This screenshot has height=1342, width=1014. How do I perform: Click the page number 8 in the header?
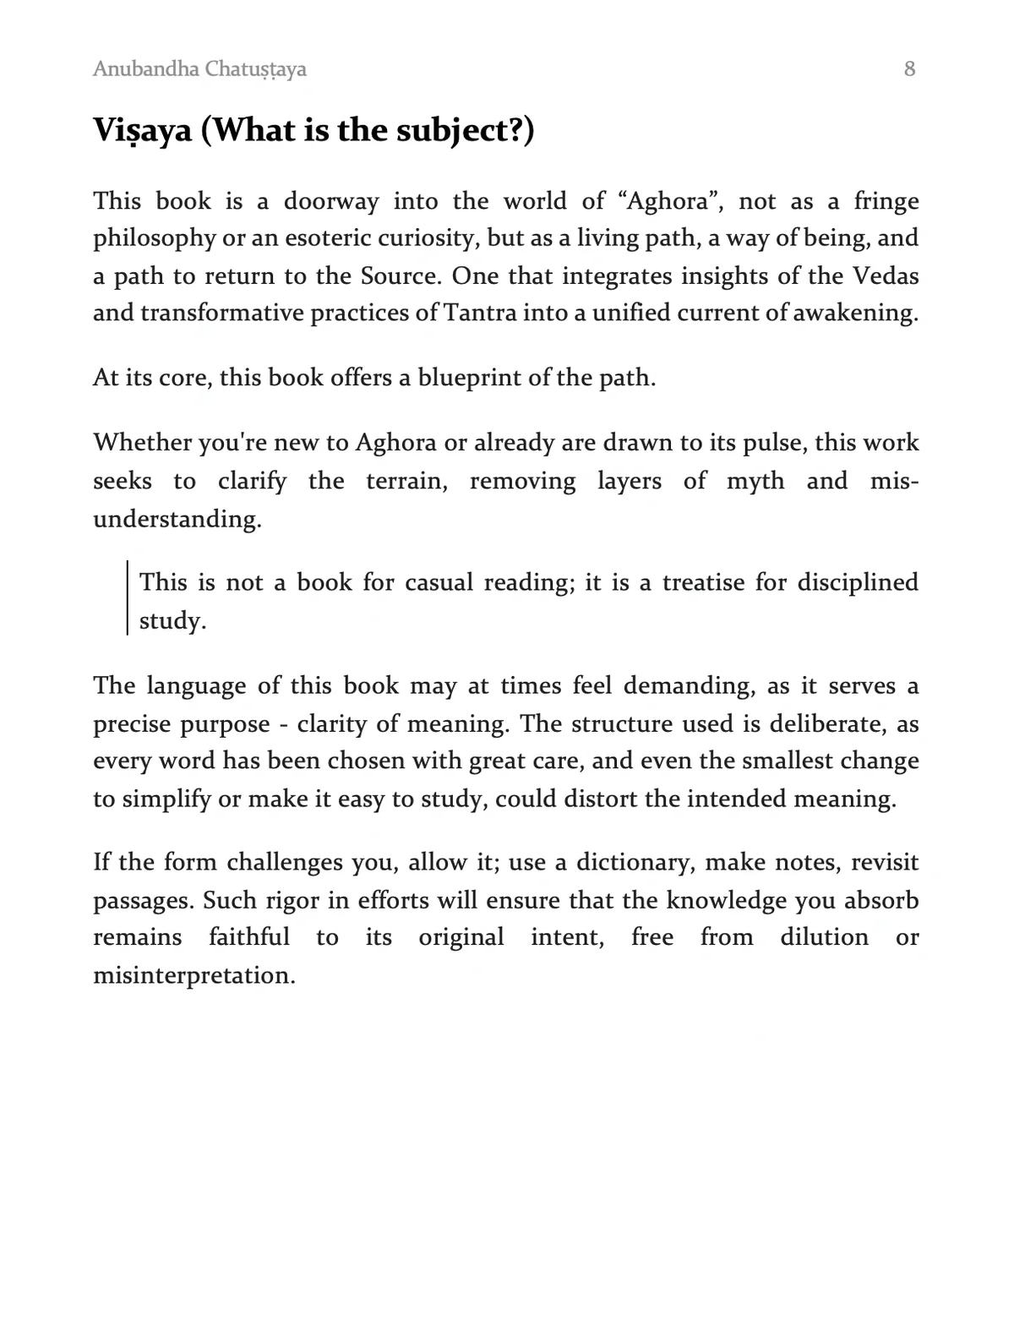909,69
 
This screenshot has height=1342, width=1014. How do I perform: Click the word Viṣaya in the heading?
143,131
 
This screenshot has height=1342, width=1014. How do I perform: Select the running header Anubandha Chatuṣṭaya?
199,69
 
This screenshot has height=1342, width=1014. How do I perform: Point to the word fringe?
886,201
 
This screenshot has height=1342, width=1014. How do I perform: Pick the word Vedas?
886,276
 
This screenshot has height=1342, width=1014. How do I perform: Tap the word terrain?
406,482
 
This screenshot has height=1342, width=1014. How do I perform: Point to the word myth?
755,482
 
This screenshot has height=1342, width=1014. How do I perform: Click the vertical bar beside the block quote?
128,597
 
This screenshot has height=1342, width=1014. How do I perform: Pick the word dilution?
824,937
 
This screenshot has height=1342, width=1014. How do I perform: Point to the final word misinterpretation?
194,975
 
